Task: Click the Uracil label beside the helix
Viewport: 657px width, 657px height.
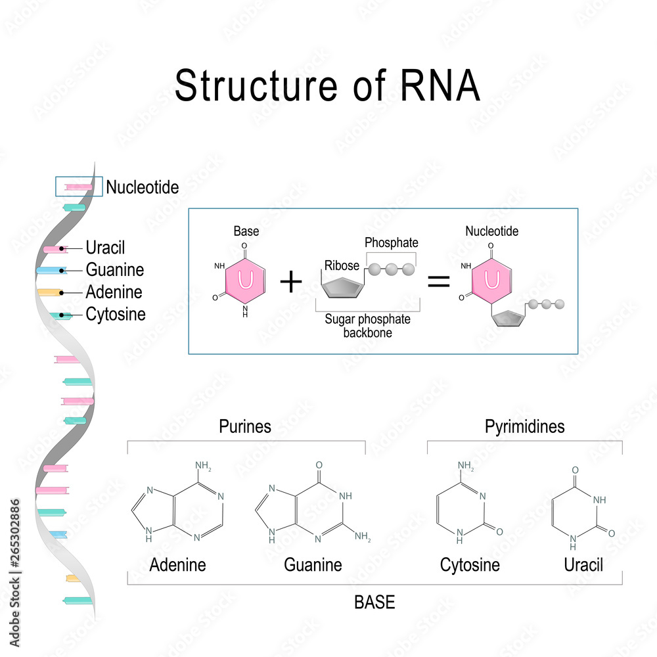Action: click(x=105, y=248)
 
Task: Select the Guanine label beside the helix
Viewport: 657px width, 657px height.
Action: click(x=114, y=270)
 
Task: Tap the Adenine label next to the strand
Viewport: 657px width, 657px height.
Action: click(x=114, y=292)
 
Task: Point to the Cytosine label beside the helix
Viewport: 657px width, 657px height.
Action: click(x=116, y=315)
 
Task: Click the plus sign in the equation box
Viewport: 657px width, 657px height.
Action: click(x=291, y=283)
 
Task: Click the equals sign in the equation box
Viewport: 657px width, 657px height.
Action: click(x=439, y=283)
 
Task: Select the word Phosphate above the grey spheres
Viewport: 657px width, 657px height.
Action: click(x=392, y=243)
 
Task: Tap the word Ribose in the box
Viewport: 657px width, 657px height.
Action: click(x=341, y=265)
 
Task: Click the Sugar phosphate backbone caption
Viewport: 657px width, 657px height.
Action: click(x=367, y=325)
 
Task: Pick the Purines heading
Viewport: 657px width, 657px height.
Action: click(x=245, y=426)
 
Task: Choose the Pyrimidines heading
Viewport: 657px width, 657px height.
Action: click(x=524, y=426)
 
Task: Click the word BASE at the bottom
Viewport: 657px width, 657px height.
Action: click(x=374, y=602)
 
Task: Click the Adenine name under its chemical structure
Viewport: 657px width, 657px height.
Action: click(x=177, y=565)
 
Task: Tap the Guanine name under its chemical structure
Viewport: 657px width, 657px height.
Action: click(x=313, y=565)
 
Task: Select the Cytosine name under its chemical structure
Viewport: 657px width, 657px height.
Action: click(x=470, y=565)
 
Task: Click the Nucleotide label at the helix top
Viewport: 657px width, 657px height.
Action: click(x=143, y=187)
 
